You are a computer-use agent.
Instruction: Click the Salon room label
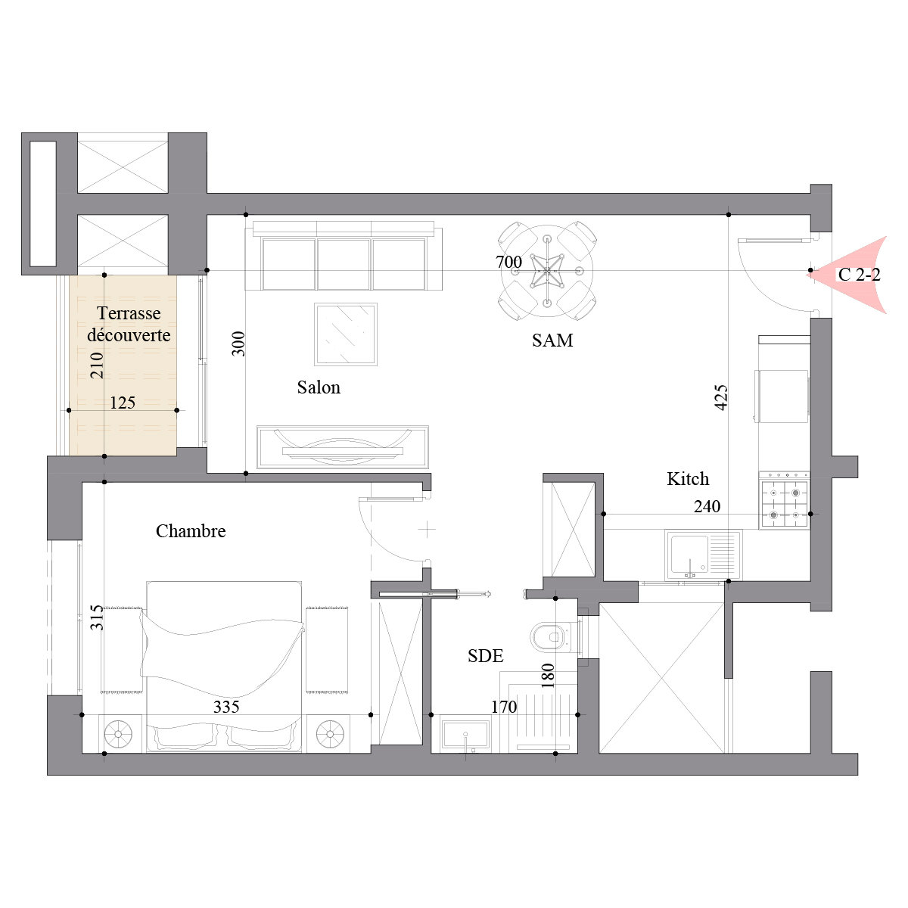pos(319,387)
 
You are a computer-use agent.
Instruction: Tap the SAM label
pos(552,340)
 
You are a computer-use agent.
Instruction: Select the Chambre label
pos(191,531)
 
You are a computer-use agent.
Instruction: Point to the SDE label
pos(485,655)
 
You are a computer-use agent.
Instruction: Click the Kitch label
pos(688,479)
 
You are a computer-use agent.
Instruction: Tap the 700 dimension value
pos(509,262)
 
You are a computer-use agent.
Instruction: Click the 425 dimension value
pos(721,397)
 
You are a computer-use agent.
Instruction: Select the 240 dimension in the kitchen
pos(707,506)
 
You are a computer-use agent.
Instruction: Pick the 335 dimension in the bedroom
pos(226,707)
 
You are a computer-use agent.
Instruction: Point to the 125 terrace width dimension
pos(123,403)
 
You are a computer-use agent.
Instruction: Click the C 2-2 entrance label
pos(859,274)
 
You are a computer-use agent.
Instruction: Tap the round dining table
pos(547,272)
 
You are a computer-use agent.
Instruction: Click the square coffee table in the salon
pos(346,334)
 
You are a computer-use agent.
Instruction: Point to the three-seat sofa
pos(344,256)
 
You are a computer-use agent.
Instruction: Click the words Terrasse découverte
pos(129,324)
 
